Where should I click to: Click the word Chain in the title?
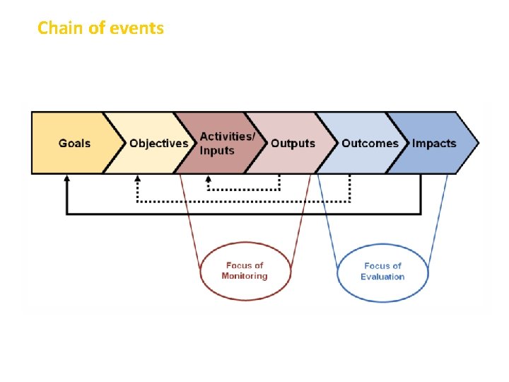[57, 28]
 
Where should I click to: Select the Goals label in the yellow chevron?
[74, 143]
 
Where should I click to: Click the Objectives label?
[159, 143]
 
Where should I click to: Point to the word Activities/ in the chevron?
[228, 136]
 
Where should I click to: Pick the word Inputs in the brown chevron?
[217, 151]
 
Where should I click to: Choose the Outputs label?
[293, 143]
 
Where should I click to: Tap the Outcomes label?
[370, 143]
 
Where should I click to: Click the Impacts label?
[434, 143]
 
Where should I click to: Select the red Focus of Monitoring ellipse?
[245, 271]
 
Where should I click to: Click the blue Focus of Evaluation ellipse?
[382, 271]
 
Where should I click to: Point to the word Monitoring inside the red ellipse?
[245, 276]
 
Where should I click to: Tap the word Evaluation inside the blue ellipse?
[382, 277]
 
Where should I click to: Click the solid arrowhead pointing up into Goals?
[66, 180]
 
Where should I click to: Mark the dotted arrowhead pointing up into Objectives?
[136, 180]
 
